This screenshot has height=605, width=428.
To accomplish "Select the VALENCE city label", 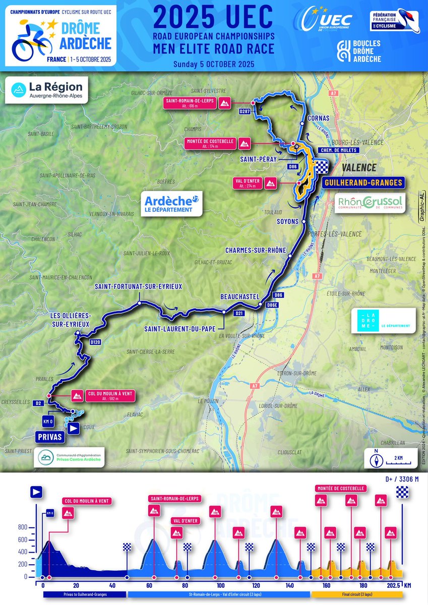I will pos(361,167).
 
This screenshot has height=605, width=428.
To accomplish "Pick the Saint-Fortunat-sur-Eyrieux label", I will pos(138,286).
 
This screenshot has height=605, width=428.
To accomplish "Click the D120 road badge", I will pos(95,342).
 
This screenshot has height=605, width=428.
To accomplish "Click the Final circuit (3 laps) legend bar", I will pos(356,595).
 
